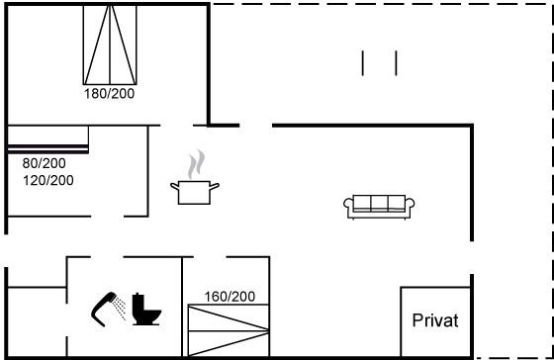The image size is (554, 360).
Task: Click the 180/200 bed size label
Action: tap(109, 94)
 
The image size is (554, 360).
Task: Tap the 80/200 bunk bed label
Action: tap(44, 163)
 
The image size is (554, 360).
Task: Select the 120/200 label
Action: tap(48, 180)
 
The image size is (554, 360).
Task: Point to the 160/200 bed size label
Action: tap(230, 297)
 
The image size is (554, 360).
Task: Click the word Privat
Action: tap(435, 320)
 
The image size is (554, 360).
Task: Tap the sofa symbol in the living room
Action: tap(379, 207)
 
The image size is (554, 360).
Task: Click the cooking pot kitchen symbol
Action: tap(195, 193)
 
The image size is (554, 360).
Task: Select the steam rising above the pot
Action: tap(197, 164)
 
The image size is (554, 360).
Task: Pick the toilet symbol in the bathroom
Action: tap(146, 310)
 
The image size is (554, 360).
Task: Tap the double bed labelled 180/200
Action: tap(110, 45)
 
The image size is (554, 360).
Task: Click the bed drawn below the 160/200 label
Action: tap(229, 330)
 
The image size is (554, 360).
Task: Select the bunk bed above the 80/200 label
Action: tap(48, 139)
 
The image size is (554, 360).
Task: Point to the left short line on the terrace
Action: tap(362, 63)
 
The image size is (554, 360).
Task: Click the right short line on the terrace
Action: tap(396, 63)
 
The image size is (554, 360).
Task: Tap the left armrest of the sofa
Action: tap(348, 205)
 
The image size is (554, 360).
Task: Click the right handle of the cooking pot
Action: tap(215, 186)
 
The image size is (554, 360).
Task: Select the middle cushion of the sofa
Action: tap(379, 203)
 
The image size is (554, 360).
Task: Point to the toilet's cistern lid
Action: tap(138, 295)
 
